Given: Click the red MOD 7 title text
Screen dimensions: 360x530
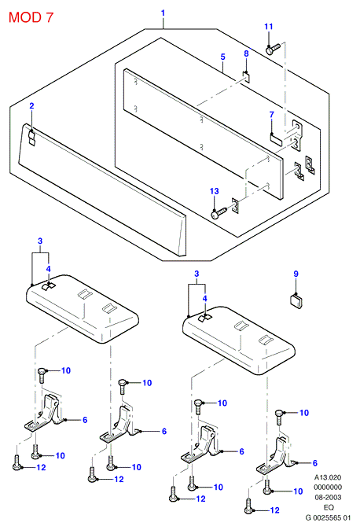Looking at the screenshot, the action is tap(31, 17).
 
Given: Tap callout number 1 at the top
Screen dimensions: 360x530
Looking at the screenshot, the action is tap(163, 13).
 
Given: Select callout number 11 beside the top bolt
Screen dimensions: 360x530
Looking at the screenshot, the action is tap(268, 27).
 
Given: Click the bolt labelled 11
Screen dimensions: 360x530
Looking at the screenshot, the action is tap(273, 49).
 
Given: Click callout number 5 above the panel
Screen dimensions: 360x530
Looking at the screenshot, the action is tap(222, 57).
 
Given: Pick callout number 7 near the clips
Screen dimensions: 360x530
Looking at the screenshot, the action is tap(271, 115).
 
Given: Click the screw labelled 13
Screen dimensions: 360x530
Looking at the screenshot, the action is tap(219, 213).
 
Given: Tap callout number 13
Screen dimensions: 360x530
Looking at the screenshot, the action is tap(215, 191).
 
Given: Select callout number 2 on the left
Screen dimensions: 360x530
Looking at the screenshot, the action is tap(31, 106).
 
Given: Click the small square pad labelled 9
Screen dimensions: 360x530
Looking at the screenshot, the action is tap(296, 301).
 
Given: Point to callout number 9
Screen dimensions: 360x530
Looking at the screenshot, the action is tap(296, 274).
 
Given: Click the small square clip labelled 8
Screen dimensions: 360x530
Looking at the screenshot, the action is tap(247, 77).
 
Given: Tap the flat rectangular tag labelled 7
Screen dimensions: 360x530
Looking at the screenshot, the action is tap(276, 139).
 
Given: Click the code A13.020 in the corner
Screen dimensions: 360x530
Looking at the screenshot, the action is tap(328, 477).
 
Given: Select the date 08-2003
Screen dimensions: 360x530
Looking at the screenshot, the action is tap(328, 498).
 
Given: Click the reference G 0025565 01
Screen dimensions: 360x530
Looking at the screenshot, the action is tap(328, 518).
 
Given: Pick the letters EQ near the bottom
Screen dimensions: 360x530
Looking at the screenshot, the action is tap(329, 508).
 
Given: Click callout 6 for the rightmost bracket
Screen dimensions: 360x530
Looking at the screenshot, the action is tap(315, 463).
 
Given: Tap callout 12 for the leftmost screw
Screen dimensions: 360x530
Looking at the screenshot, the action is tap(41, 467).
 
